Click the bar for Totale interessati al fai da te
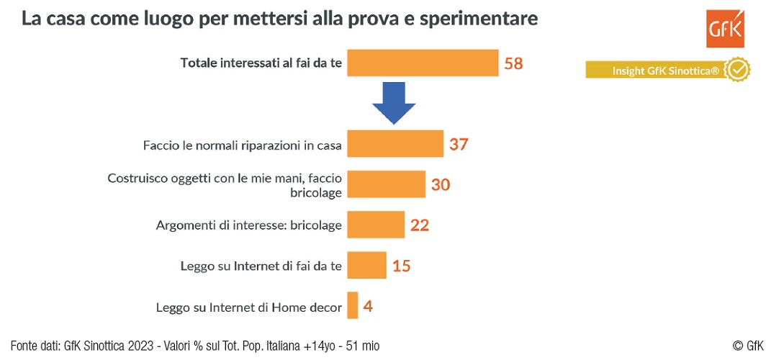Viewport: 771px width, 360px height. [x=423, y=63]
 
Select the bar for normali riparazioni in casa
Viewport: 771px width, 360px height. [x=394, y=144]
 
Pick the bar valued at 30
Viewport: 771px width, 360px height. [x=386, y=184]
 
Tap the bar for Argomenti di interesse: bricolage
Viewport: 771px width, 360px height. [x=375, y=225]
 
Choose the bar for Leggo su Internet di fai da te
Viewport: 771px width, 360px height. [x=366, y=265]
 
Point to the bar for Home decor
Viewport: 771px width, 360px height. [x=353, y=305]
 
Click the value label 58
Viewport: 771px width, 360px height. [x=513, y=63]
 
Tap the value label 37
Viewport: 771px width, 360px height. [x=459, y=144]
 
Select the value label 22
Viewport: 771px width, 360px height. [x=420, y=225]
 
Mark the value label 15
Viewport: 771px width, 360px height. [x=402, y=266]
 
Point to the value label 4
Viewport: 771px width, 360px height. [x=368, y=306]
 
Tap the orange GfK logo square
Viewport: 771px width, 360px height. [x=725, y=30]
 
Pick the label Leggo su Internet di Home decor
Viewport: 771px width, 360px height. [x=248, y=307]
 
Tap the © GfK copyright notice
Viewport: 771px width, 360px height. [x=748, y=346]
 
